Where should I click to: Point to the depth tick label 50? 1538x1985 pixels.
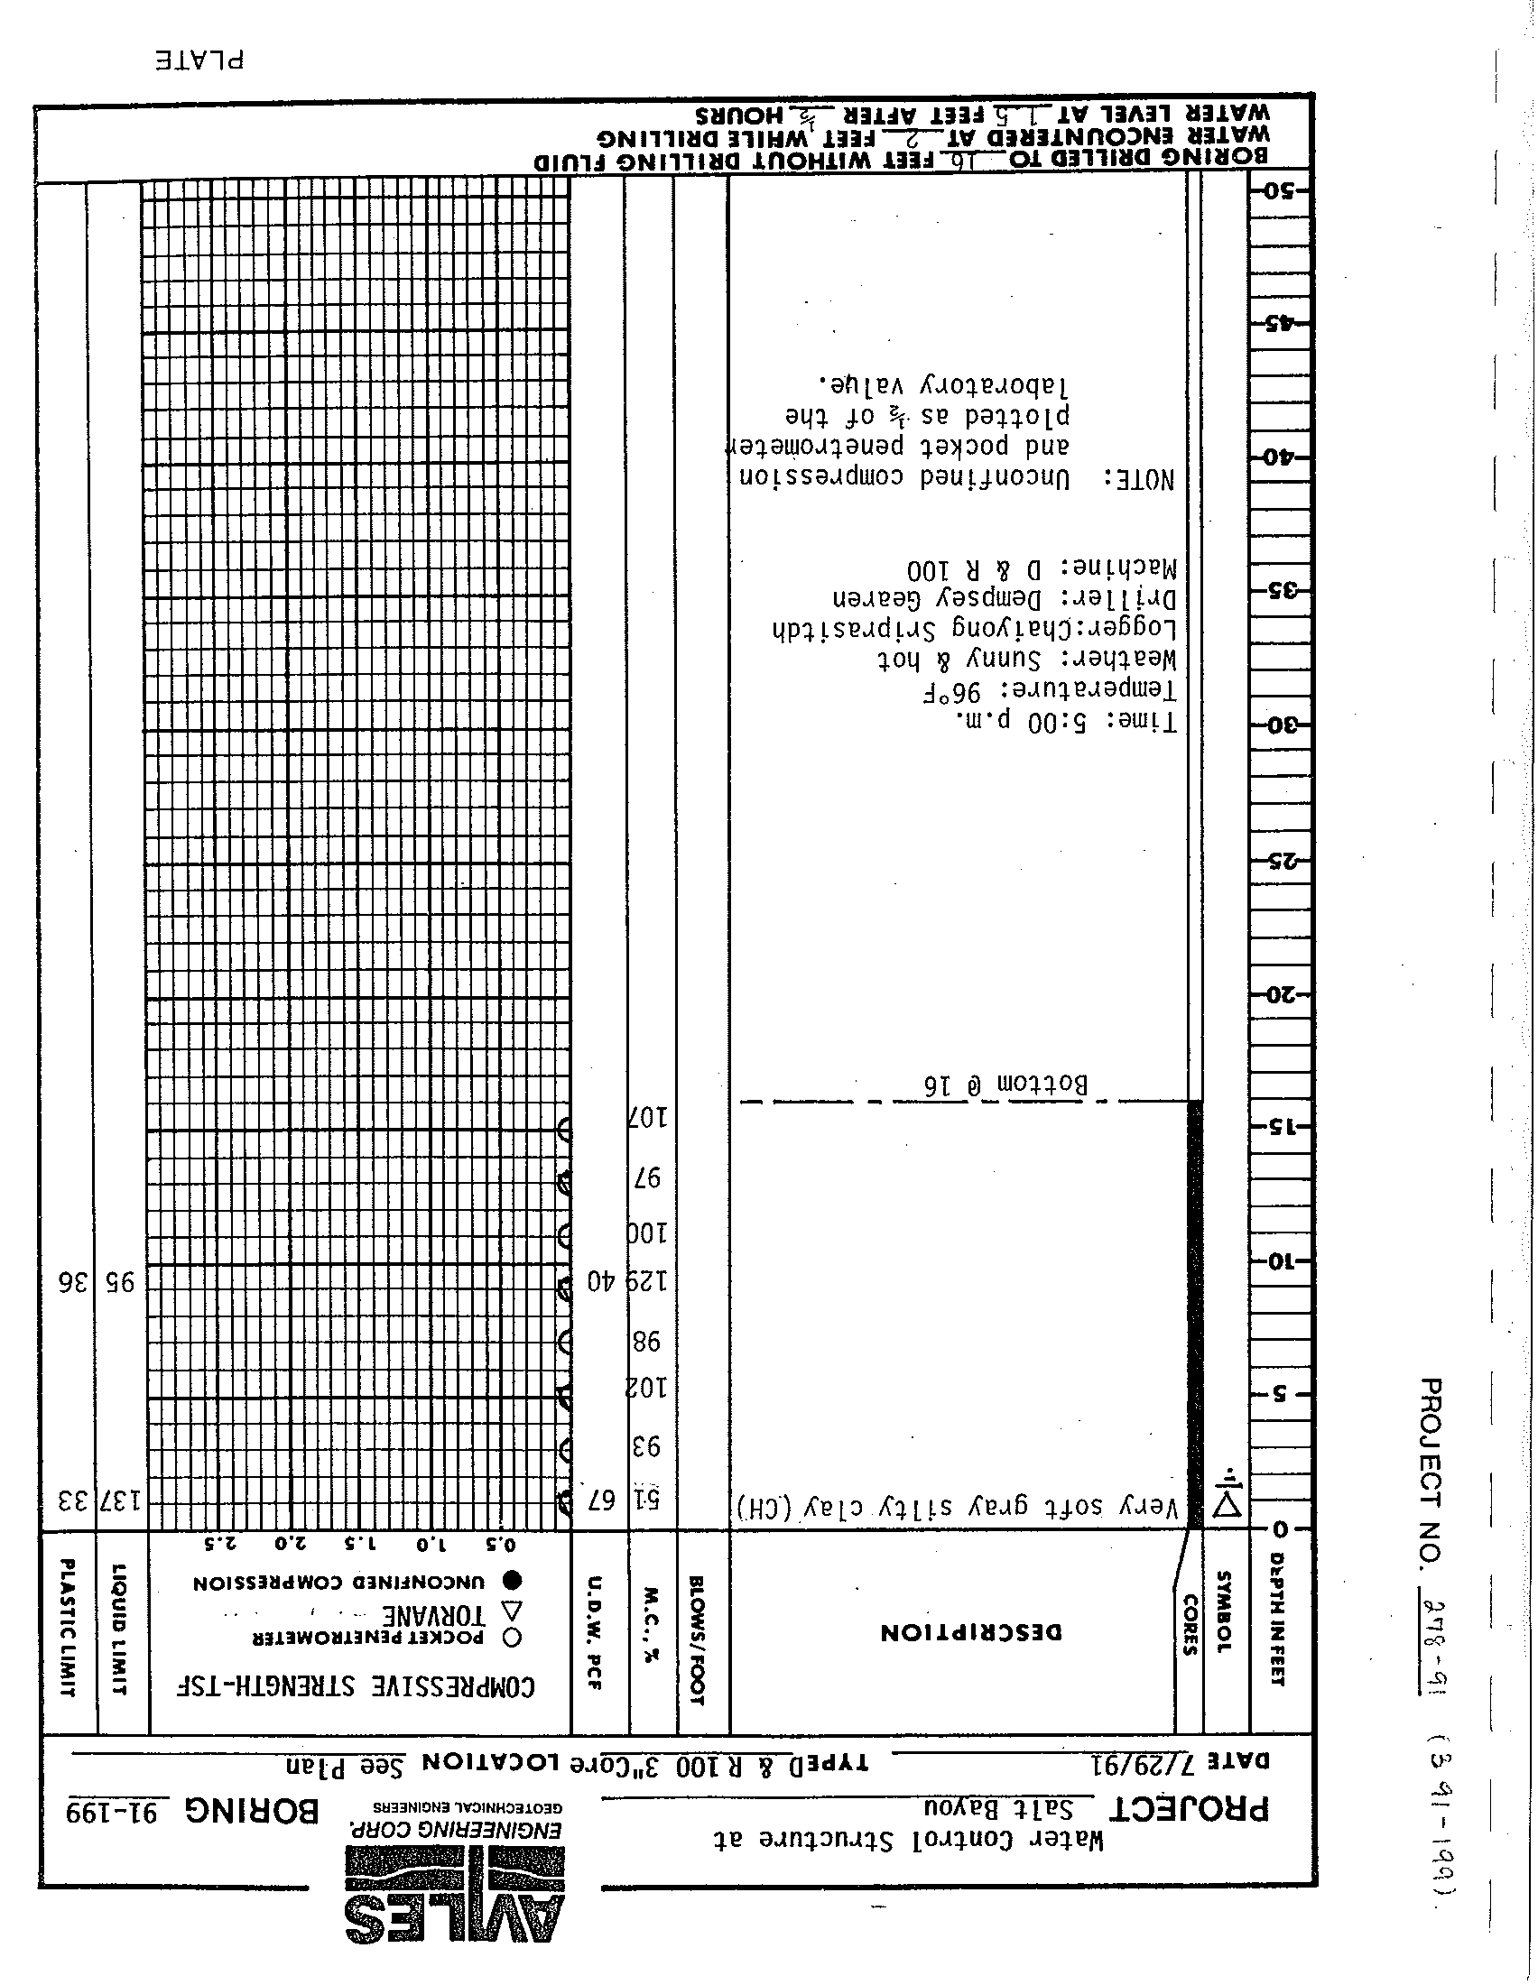click(1279, 192)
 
